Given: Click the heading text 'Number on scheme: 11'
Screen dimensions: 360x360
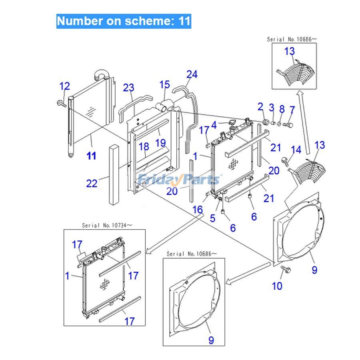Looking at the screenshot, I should click(x=124, y=20).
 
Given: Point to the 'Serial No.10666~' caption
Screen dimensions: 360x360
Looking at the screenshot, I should click(x=292, y=39).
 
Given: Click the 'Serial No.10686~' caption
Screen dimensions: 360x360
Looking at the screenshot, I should click(x=192, y=254).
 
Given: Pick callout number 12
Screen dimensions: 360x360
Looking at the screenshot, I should click(x=64, y=86).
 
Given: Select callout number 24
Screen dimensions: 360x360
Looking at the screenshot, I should click(x=192, y=74).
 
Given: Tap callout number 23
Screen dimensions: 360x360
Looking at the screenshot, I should click(x=128, y=88).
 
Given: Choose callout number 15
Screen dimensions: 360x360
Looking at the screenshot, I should click(x=165, y=84).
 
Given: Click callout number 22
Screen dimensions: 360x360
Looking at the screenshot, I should click(x=92, y=184).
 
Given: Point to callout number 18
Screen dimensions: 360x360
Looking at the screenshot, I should click(x=144, y=147).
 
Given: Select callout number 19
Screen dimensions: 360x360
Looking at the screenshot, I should click(x=160, y=143).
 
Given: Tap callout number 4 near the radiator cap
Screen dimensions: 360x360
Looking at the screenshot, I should click(x=214, y=125).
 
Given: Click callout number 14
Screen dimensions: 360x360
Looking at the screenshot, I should click(x=296, y=150).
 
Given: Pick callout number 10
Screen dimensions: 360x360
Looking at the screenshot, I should click(x=277, y=286).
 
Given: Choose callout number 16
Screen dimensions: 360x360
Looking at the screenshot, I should click(x=198, y=209).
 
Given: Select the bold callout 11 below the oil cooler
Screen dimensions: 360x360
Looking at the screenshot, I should click(x=92, y=156).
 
